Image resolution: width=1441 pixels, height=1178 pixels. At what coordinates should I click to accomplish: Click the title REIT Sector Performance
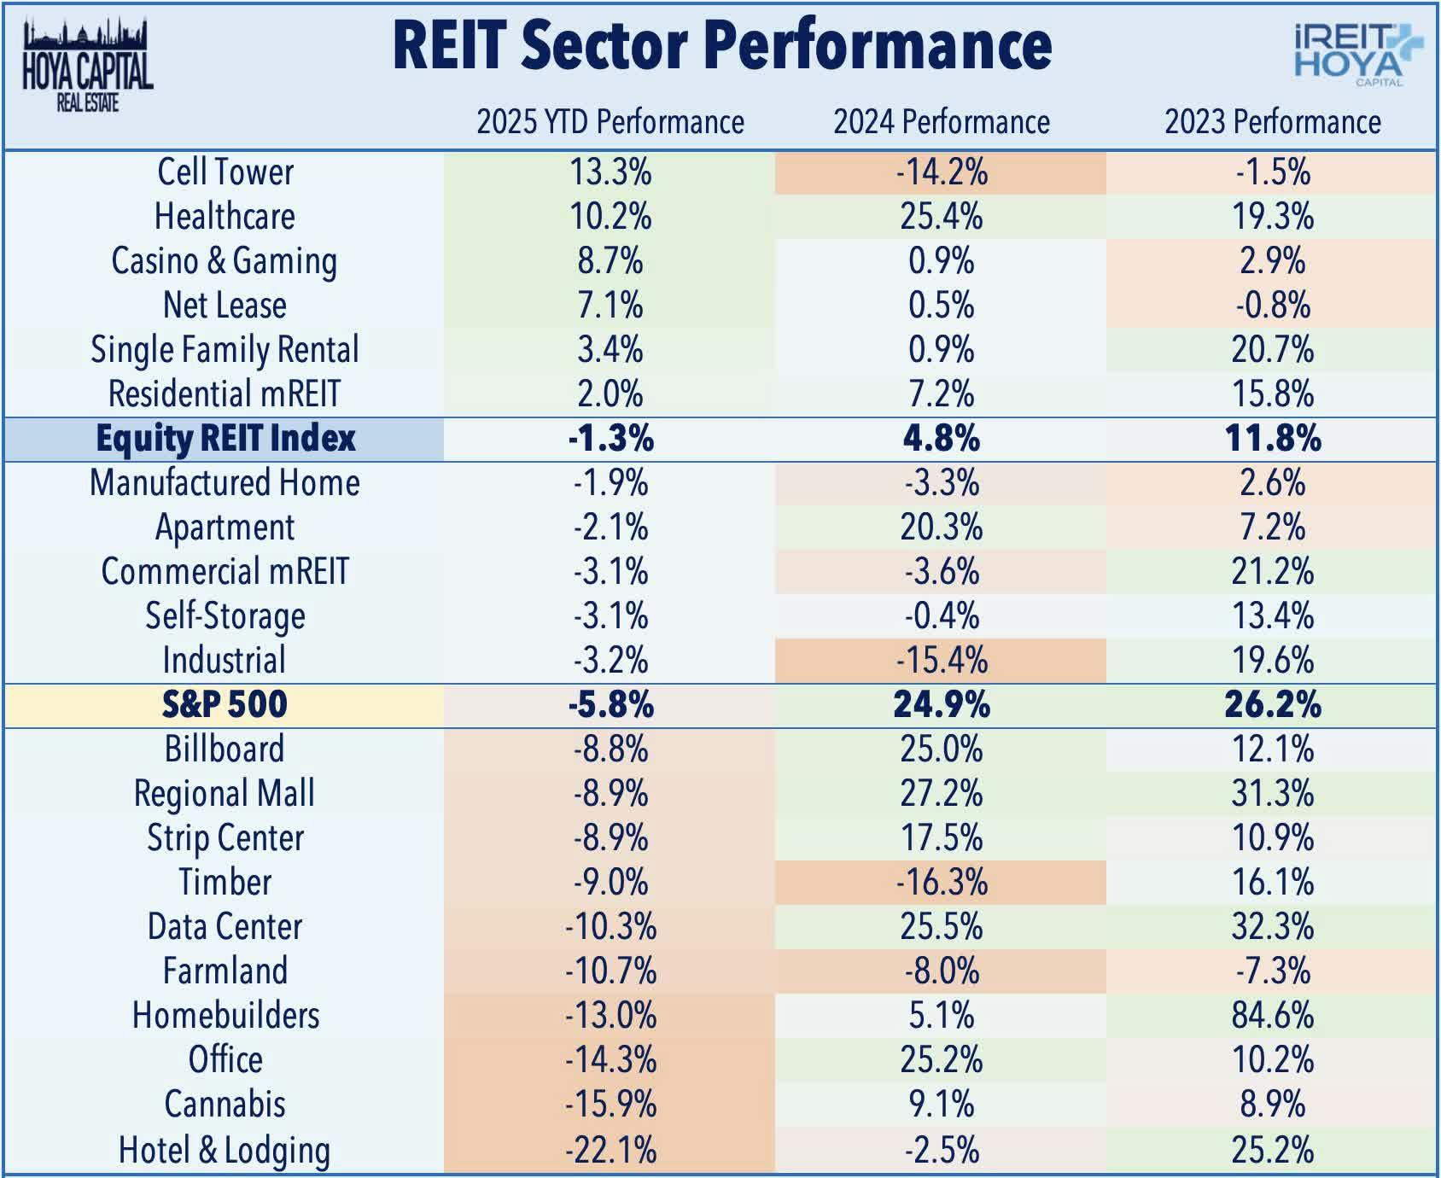[x=721, y=46]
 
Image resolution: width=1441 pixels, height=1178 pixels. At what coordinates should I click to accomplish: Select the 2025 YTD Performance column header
[x=610, y=122]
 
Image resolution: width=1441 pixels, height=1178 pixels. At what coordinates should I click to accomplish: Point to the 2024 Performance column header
[x=941, y=122]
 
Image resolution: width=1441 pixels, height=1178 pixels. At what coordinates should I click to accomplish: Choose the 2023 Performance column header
[x=1272, y=122]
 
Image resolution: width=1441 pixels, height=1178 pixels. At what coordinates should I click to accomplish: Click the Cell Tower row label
[x=225, y=172]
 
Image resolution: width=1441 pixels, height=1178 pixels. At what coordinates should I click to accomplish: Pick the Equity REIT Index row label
[x=225, y=439]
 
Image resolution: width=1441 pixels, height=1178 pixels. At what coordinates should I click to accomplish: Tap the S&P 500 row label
[x=225, y=705]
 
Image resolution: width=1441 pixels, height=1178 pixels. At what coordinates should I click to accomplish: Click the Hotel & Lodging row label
[x=225, y=1150]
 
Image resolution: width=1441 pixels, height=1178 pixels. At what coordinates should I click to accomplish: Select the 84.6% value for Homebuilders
[x=1272, y=1016]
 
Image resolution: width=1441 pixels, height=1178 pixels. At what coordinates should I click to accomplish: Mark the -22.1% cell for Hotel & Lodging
[x=610, y=1150]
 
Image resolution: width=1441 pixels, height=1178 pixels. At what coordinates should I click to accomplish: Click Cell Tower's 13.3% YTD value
[x=610, y=172]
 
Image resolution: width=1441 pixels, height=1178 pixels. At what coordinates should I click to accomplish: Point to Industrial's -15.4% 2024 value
[x=941, y=661]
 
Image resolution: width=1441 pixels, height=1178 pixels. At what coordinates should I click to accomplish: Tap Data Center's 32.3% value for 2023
[x=1272, y=927]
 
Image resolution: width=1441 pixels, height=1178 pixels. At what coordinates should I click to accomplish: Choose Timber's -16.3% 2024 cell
[x=941, y=883]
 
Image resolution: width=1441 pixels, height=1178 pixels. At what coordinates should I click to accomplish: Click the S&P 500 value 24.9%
[x=941, y=705]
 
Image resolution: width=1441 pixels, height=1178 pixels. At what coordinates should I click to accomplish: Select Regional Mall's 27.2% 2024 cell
[x=941, y=794]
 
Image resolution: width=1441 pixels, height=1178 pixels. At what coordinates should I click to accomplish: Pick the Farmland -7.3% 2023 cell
[x=1272, y=971]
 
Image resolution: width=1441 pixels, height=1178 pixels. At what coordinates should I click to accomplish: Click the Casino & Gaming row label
[x=225, y=261]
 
